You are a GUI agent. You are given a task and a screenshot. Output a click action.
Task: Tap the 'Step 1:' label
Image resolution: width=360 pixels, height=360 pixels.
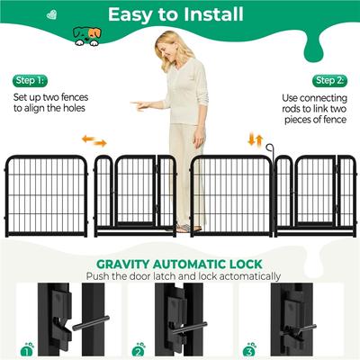[x=28, y=80]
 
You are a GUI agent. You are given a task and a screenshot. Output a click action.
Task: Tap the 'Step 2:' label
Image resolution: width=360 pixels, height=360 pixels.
[x=330, y=80]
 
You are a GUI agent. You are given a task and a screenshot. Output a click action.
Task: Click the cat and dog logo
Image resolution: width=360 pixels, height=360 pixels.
[x=86, y=35]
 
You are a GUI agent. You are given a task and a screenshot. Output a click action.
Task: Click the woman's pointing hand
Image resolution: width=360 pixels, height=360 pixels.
[x=137, y=104]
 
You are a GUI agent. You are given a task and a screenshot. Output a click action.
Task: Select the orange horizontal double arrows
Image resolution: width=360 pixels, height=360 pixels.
[x=94, y=140]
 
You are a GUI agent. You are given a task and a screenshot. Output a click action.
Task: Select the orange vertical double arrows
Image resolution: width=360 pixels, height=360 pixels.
[x=256, y=139]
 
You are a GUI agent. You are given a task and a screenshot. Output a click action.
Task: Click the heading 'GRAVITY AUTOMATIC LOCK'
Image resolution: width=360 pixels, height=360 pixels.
[x=180, y=264]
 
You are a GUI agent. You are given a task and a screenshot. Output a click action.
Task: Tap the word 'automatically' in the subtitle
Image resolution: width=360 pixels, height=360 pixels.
[x=239, y=276]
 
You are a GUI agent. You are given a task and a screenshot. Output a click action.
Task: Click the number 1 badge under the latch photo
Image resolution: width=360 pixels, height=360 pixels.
[x=28, y=346]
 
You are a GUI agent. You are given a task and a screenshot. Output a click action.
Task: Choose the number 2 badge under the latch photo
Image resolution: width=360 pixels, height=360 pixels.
[x=139, y=346]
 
